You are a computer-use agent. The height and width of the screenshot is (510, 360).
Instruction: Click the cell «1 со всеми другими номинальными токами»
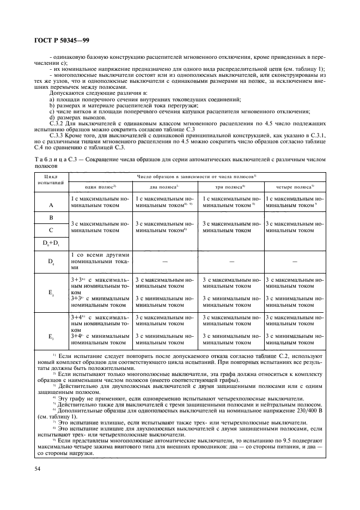(x=100, y=261)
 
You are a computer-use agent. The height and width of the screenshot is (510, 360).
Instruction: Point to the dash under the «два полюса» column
(x=165, y=261)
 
